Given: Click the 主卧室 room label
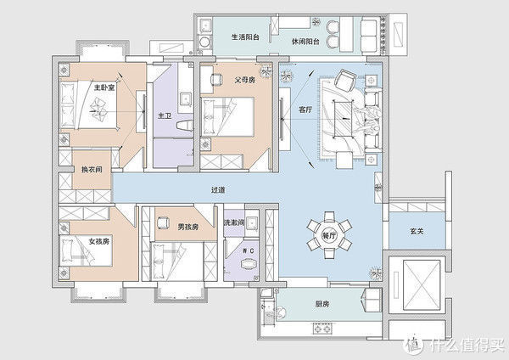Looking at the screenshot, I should (104, 87).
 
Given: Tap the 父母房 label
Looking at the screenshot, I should (245, 81).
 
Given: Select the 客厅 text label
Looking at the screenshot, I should (306, 109).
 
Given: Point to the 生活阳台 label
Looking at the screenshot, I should (247, 37).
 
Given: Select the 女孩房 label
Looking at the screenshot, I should (100, 241).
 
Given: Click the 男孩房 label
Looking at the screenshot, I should (187, 227).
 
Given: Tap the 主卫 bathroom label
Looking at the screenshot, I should (165, 115).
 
